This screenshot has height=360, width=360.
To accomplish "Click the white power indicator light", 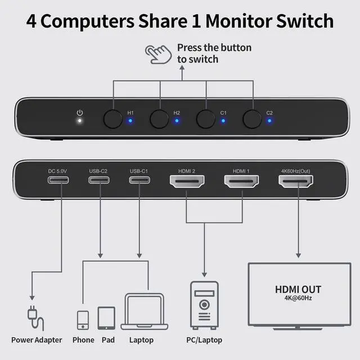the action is pyautogui.click(x=79, y=120).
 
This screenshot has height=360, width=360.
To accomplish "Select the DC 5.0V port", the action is pyautogui.click(x=58, y=181).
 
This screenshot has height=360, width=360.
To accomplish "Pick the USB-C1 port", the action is pyautogui.click(x=139, y=181).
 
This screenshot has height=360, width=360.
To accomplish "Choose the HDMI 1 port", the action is pyautogui.click(x=241, y=181).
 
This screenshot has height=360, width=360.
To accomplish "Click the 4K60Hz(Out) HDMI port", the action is pyautogui.click(x=296, y=181).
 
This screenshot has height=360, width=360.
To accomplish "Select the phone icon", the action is pyautogui.click(x=83, y=319).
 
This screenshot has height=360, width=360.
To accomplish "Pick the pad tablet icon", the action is pyautogui.click(x=106, y=318).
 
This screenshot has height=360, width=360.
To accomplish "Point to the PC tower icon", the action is pyautogui.click(x=204, y=305).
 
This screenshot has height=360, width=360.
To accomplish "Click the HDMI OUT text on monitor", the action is pyautogui.click(x=298, y=290).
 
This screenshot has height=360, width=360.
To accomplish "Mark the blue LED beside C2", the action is pyautogui.click(x=269, y=120).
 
